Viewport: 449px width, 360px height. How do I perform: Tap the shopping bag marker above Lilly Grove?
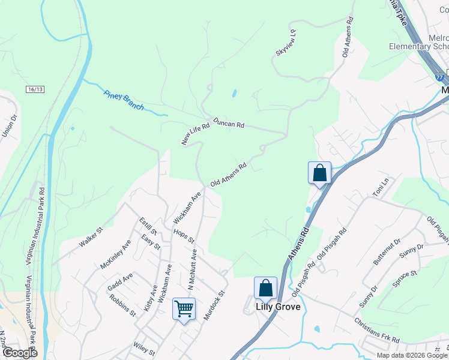pyautogui.click(x=265, y=288)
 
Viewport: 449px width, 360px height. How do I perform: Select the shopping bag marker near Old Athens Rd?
pyautogui.click(x=320, y=173)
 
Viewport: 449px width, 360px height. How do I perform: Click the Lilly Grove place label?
pyautogui.click(x=278, y=307)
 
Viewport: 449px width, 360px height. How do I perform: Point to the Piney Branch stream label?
pyautogui.click(x=124, y=100)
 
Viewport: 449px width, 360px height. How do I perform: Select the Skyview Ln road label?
pyautogui.click(x=286, y=43)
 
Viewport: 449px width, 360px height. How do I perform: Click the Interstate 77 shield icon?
pyautogui.click(x=441, y=77)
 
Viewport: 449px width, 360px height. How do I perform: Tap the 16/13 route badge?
pyautogui.click(x=35, y=89)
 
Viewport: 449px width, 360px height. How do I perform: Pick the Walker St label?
pyautogui.click(x=91, y=237)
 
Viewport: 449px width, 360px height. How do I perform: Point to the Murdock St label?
pyautogui.click(x=213, y=305)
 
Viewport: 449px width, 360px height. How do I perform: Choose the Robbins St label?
pyautogui.click(x=123, y=305)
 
